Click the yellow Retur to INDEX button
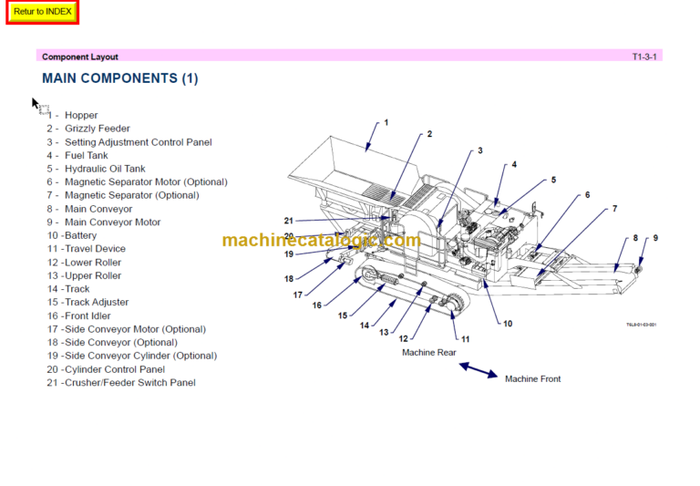[43, 12]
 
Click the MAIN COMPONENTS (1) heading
[119, 78]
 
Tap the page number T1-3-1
[644, 57]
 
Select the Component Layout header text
[80, 57]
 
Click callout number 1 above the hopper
[386, 122]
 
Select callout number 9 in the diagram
[654, 238]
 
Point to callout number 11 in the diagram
[465, 339]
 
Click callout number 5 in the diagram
[552, 181]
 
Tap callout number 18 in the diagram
[289, 279]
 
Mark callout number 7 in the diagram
[613, 209]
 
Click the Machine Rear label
[428, 352]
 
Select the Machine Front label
[532, 378]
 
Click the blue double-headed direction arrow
[478, 369]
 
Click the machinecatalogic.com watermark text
[321, 241]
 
